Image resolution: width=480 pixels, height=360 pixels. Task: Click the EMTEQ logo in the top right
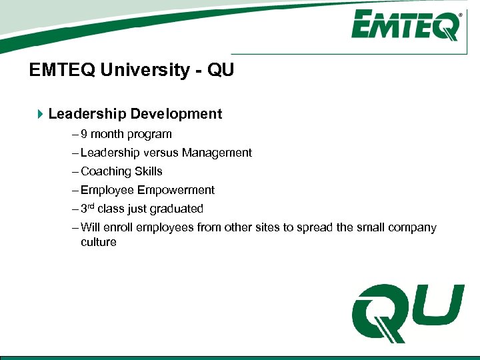(x=406, y=25)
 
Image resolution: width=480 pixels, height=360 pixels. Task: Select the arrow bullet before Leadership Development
(x=40, y=114)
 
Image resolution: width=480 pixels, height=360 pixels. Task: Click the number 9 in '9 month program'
(x=84, y=134)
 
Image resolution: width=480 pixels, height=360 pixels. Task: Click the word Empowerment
(x=176, y=190)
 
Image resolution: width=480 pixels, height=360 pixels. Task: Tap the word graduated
(x=177, y=209)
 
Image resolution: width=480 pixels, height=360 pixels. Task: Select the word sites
(x=267, y=227)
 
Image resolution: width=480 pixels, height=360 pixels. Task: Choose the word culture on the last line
(x=99, y=242)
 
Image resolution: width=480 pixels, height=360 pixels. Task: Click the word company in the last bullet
(x=411, y=227)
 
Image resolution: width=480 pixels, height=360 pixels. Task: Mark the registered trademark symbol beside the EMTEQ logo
(x=461, y=14)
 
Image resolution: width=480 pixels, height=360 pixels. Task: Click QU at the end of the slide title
(x=221, y=70)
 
